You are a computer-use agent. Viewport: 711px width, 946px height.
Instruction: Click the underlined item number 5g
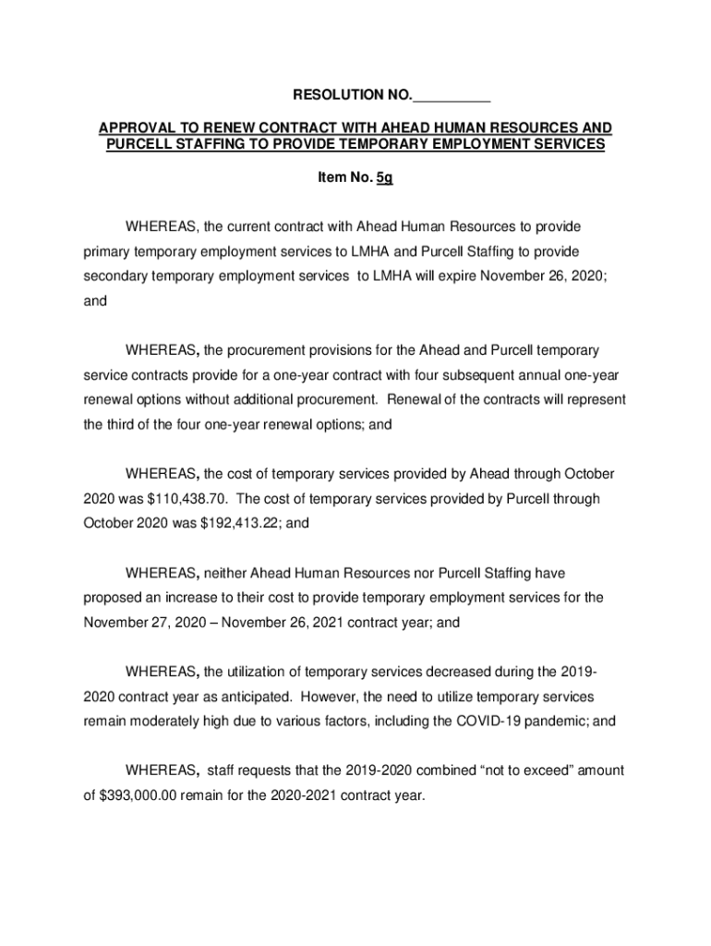click(385, 178)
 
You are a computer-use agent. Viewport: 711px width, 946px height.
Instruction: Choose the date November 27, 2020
click(143, 623)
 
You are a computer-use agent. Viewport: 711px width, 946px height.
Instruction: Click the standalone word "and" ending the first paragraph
click(95, 300)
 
